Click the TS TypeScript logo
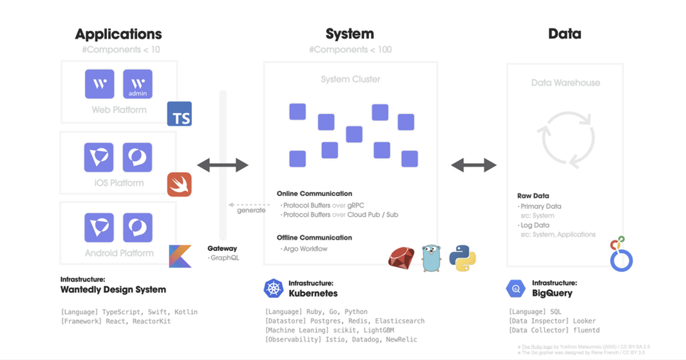[x=180, y=114]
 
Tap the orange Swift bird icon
[x=180, y=185]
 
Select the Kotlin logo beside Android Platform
[x=180, y=256]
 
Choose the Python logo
[x=463, y=257]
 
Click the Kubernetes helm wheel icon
[x=274, y=289]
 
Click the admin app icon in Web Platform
[x=138, y=85]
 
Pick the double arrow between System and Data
[x=474, y=166]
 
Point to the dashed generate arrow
[x=249, y=204]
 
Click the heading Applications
[x=118, y=34]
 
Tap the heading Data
[x=564, y=34]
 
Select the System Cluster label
[x=350, y=79]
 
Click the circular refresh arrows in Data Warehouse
[x=565, y=138]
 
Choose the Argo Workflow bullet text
[x=305, y=249]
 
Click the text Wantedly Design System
[x=113, y=290]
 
